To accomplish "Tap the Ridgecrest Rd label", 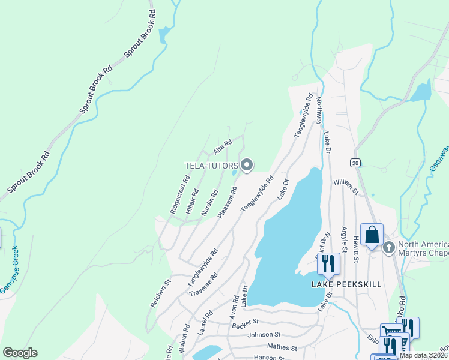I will point(179,195).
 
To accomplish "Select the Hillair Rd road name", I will point(193,200).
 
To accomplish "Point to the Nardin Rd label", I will point(209,203).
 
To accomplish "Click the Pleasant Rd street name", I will point(228,202).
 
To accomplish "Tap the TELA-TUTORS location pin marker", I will point(247,165).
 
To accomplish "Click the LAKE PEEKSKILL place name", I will point(346,284).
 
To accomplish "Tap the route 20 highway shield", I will point(355,163).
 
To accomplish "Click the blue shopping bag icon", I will point(372,235).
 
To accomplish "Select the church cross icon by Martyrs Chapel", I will point(389,247).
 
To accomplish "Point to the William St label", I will point(346,186).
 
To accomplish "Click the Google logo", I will point(20,353).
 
